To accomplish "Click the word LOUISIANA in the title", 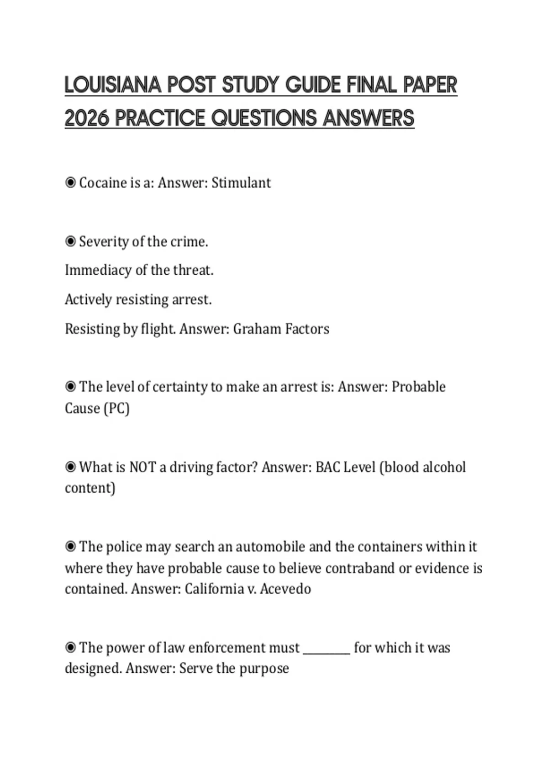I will (113, 85).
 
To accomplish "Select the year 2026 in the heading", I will (87, 118).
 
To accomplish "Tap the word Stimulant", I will (241, 183).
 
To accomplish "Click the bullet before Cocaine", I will (70, 183).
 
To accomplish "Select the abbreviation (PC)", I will (117, 408).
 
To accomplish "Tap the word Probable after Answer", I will (419, 387).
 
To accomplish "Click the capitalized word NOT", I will (142, 467).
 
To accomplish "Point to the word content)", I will (90, 488).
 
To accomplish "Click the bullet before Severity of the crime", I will (70, 241).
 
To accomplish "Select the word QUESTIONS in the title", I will (264, 118).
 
